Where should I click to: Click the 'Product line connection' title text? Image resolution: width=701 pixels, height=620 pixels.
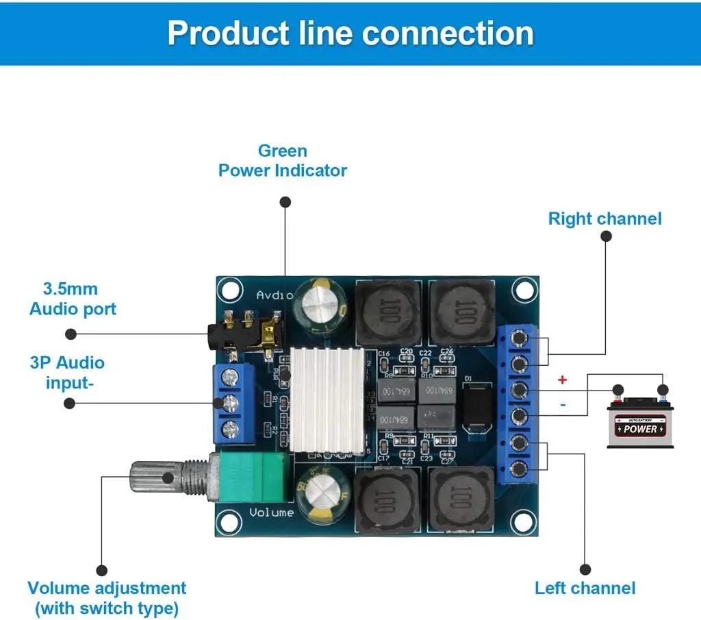pos(350,34)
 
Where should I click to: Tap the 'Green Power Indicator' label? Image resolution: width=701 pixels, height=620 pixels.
pos(282,160)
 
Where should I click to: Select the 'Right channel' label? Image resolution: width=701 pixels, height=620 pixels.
pos(604,219)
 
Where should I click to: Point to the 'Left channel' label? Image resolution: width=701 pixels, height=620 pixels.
pos(585,588)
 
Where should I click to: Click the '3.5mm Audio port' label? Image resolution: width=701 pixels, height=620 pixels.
pos(73,299)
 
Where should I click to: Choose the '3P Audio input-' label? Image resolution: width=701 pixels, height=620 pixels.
pos(66,372)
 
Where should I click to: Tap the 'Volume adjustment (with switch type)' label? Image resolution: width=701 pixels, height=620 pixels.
pos(107,597)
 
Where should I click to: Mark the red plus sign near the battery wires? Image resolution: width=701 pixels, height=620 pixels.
pos(563,380)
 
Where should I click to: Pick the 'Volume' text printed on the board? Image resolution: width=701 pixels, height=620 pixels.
pos(271,512)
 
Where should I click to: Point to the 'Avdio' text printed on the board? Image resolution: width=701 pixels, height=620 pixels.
pos(275,295)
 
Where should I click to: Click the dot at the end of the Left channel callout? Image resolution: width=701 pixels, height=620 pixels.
pos(585,569)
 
